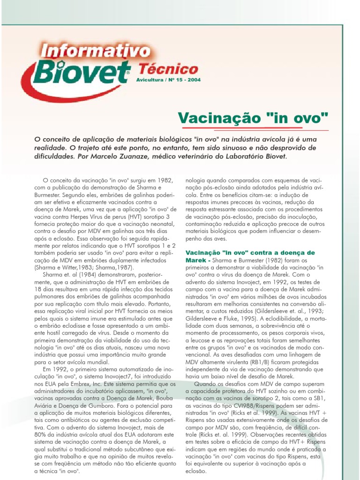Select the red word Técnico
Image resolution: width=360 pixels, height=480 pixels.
coord(168,70)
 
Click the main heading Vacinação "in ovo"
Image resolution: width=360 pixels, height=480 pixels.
coord(254,117)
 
